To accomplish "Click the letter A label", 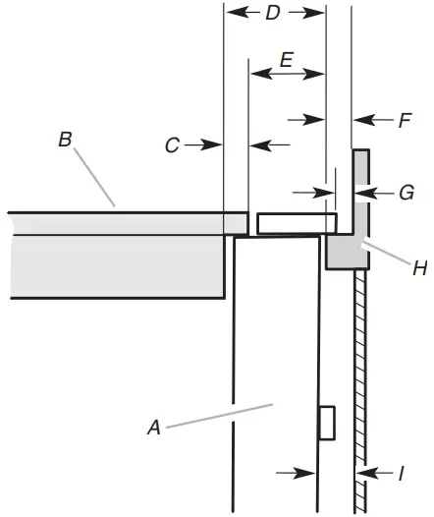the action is (x=154, y=428).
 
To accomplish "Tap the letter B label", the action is (x=65, y=139).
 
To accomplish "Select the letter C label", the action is (x=172, y=145).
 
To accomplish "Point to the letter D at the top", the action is (x=273, y=13).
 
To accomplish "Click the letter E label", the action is (x=287, y=60).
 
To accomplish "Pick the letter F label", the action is (x=405, y=120).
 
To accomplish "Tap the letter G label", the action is (x=407, y=193).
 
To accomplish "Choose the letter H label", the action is (x=420, y=267).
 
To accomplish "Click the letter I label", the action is (x=401, y=474).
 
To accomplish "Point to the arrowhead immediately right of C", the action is (x=211, y=144).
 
